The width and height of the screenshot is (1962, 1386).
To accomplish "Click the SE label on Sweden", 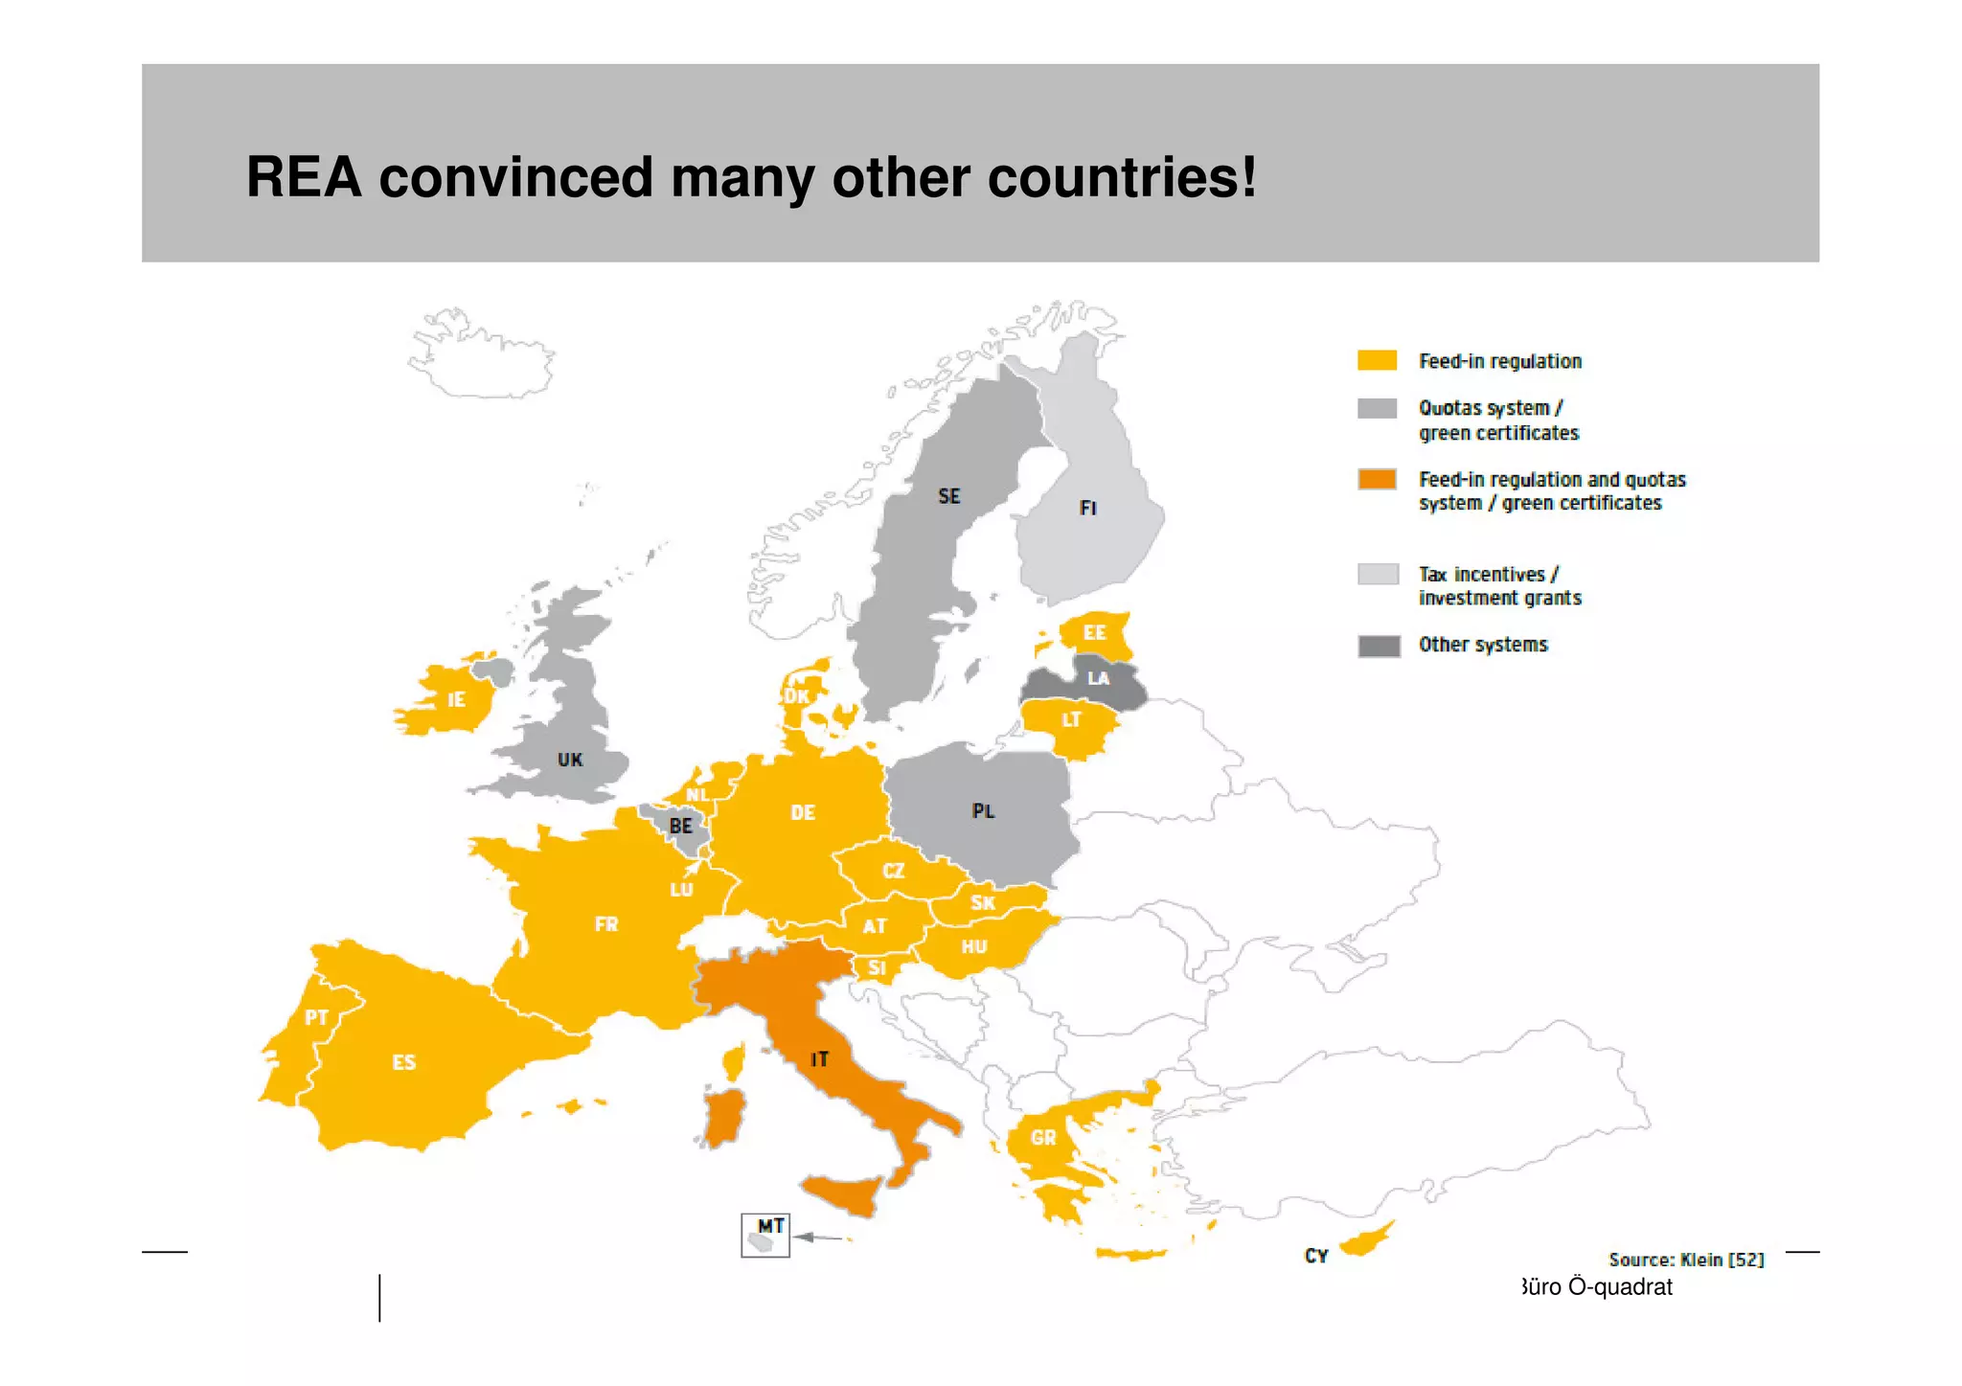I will point(948,496).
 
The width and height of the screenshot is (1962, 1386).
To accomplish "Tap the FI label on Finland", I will point(1087,508).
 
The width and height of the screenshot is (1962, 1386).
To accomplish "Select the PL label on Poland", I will point(983,811).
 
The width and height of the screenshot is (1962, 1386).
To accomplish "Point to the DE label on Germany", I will point(803,813).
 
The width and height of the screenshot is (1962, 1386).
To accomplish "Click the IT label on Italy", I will point(819,1059).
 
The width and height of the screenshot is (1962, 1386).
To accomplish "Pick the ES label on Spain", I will point(403,1062).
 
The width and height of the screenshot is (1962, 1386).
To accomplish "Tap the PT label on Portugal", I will point(316,1017).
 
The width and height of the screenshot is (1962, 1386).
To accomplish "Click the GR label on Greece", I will point(1043,1138).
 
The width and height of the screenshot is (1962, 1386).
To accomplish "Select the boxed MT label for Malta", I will point(770,1226).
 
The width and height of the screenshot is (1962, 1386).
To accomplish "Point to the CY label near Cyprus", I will point(1316,1256).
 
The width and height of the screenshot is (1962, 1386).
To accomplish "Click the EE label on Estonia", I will point(1094,633).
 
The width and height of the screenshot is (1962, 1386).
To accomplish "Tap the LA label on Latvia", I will point(1098,678).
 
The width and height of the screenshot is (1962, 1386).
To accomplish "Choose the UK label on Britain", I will point(570,760).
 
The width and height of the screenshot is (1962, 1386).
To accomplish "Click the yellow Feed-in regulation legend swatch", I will point(1377,361).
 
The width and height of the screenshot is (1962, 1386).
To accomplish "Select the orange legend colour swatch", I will point(1377,480).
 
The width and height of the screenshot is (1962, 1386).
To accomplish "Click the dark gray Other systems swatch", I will point(1379,647).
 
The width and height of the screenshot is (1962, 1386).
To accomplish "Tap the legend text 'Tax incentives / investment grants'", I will point(1499,586).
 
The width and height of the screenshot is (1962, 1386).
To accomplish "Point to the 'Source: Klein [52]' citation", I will point(1686,1260).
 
